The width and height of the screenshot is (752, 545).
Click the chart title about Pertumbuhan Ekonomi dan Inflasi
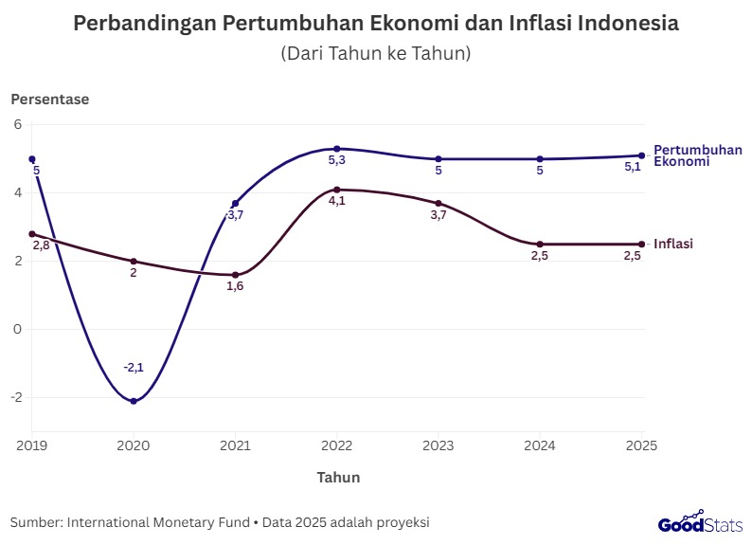pos(376,24)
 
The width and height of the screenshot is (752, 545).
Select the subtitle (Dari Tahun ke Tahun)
pos(376,54)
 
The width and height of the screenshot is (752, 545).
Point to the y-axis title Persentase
pos(49,99)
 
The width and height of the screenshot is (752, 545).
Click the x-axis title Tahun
pos(338,477)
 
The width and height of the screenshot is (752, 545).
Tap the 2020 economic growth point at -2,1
pos(134,401)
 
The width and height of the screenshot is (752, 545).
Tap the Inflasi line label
pos(673,244)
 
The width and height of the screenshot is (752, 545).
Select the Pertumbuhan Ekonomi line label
pos(697,155)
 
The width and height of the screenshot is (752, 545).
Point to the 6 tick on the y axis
pos(17,124)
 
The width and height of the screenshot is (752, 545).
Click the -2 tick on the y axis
pos(15,397)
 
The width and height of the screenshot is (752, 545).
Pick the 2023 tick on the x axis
pos(439,445)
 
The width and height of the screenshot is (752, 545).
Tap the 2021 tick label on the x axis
pos(235,445)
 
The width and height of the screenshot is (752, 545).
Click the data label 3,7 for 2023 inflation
pos(439,216)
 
